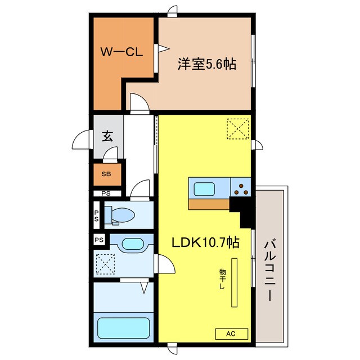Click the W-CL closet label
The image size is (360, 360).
[x=121, y=52]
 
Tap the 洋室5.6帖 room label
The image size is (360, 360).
[x=207, y=64]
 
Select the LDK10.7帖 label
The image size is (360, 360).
[x=206, y=242]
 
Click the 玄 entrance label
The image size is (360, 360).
[x=107, y=136]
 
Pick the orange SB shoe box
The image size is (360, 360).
[x=107, y=174]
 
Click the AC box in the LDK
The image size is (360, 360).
[x=231, y=334]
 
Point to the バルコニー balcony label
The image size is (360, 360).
[x=270, y=270]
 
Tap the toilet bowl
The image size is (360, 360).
[x=119, y=215]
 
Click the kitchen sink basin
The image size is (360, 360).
[x=204, y=189]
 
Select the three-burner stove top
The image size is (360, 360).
[x=241, y=188]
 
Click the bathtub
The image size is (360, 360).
[x=124, y=328]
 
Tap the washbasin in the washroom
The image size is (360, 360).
[x=133, y=244]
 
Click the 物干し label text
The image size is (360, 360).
[x=222, y=279]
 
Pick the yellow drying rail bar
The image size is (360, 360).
[x=234, y=282]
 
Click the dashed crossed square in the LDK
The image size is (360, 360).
[x=238, y=129]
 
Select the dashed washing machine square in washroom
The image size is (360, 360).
[x=105, y=264]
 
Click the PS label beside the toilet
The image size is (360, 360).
[x=96, y=215]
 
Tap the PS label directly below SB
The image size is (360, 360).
[x=106, y=193]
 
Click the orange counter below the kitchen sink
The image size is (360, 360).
[x=209, y=204]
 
